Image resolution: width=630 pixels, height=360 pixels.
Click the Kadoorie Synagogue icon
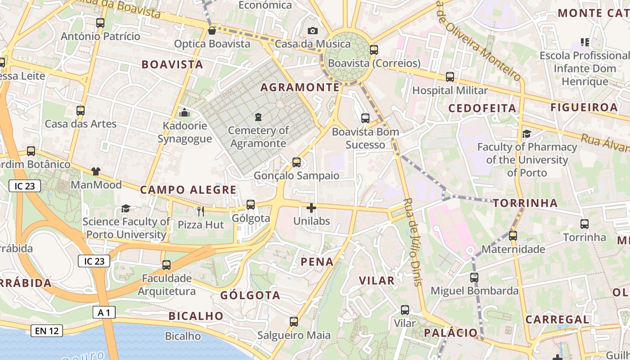click(184, 112)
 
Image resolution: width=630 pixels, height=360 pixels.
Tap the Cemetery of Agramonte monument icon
click(258, 117)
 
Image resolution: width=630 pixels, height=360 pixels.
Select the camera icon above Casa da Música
click(312, 31)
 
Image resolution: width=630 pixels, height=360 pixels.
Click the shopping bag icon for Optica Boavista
click(211, 31)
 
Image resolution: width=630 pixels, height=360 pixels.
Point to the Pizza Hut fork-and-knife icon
click(201, 211)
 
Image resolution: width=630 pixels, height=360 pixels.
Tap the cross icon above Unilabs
click(311, 208)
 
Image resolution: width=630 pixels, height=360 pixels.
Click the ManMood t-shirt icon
click(96, 171)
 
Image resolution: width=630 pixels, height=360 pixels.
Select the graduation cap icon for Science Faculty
click(126, 208)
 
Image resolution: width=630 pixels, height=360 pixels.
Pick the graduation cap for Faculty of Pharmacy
click(526, 134)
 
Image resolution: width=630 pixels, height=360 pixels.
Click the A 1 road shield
click(104, 312)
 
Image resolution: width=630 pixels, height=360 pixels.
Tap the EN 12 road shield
click(47, 331)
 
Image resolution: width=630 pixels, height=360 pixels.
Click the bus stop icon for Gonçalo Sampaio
click(296, 162)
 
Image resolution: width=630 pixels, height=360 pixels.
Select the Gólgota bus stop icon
click(251, 205)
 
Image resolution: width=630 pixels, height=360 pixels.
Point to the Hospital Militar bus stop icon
click(450, 77)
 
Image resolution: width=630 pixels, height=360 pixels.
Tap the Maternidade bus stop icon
click(513, 235)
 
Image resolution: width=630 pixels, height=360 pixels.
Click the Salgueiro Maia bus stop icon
click(294, 322)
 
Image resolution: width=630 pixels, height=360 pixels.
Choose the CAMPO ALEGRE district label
click(188, 190)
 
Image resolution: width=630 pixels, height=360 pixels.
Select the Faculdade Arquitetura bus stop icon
click(166, 265)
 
